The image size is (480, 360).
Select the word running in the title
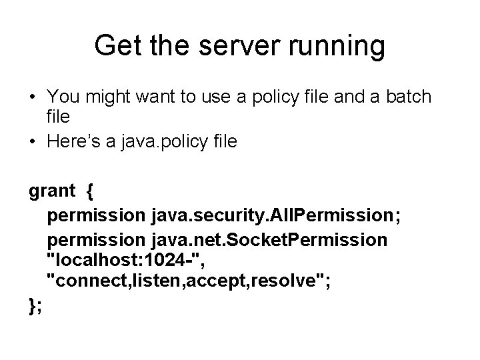(337, 46)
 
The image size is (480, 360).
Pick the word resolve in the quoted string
(291, 281)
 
